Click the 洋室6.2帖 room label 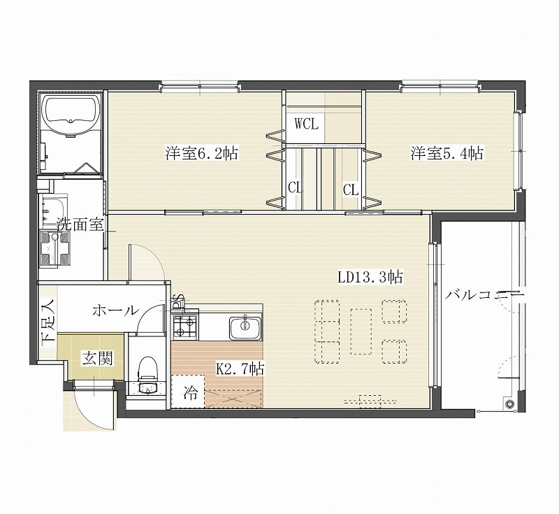(201, 153)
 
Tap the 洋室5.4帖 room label (447, 153)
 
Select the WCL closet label (306, 124)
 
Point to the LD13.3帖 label (370, 277)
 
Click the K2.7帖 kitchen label (240, 369)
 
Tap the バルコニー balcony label (484, 296)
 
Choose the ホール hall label (115, 310)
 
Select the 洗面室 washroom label (80, 224)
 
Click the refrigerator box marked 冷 (188, 391)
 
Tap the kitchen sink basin (245, 328)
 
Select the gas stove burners (185, 327)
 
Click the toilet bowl (147, 369)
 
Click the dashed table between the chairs (361, 331)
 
